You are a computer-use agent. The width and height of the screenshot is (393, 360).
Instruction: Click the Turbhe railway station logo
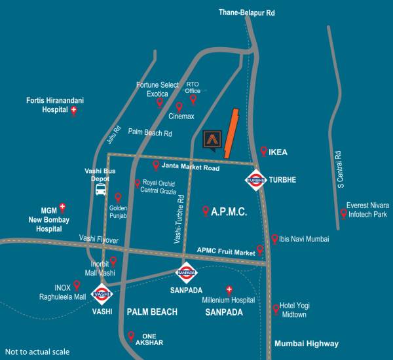(x=255, y=179)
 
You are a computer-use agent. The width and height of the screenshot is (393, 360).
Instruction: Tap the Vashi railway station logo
(x=102, y=295)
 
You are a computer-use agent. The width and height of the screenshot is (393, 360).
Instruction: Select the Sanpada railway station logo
(x=187, y=272)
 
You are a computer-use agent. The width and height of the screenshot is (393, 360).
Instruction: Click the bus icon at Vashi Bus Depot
(x=101, y=190)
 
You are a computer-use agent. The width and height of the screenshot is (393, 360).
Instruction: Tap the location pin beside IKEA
(x=263, y=151)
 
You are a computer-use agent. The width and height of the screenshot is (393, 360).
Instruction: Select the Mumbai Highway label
(x=307, y=344)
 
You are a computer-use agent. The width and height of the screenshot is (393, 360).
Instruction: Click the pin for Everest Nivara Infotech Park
(x=343, y=213)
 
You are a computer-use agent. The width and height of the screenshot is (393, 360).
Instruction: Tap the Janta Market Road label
(x=190, y=168)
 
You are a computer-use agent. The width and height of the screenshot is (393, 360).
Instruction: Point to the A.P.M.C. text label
(x=229, y=211)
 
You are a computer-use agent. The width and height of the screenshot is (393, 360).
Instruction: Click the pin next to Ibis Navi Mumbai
(x=274, y=239)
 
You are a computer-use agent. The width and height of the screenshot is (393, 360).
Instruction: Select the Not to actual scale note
(x=37, y=351)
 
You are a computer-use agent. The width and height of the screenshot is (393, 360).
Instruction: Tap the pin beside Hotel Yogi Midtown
(x=275, y=309)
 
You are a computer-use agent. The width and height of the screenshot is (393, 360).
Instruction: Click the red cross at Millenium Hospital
(x=229, y=289)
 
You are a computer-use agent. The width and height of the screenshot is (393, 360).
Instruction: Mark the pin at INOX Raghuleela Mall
(x=77, y=285)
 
